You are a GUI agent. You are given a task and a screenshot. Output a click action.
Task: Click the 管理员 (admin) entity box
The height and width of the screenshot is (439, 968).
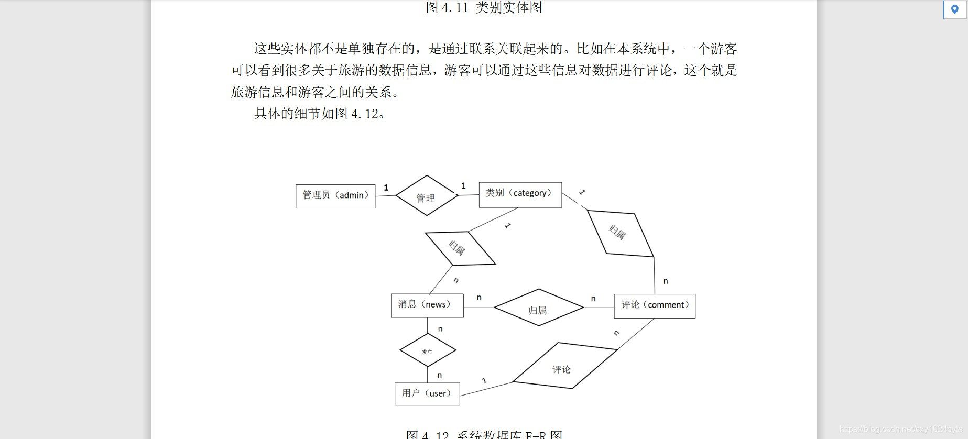[335, 196]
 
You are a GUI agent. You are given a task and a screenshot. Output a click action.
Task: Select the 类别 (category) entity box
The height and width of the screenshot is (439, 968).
[520, 194]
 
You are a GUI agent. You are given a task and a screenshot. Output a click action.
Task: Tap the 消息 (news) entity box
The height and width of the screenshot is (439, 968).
[427, 305]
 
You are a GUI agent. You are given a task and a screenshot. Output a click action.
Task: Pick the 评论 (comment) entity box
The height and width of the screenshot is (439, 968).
[655, 306]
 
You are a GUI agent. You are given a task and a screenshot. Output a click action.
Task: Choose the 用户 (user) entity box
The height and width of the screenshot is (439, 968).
[427, 394]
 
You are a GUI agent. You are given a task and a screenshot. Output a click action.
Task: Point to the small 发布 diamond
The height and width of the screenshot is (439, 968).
[428, 350]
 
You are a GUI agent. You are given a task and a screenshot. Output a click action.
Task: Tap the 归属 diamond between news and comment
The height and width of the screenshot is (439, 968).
[538, 308]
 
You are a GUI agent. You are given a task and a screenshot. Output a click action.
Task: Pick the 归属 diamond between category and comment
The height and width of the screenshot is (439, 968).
[620, 234]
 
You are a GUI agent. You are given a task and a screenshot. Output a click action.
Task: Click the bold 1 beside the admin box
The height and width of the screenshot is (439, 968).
[386, 188]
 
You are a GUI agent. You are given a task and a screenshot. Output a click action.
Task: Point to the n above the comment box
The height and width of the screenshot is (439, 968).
[666, 281]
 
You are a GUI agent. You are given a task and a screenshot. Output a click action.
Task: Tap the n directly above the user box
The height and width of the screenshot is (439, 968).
[440, 375]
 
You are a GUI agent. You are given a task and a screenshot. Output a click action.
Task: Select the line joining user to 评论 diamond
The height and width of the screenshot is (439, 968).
[486, 389]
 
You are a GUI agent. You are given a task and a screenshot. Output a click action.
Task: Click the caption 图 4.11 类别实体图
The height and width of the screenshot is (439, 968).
[484, 7]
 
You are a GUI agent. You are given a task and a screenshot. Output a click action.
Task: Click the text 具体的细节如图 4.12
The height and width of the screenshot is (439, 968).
[320, 114]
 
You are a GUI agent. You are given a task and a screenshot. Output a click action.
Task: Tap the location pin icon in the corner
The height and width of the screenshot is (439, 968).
[954, 9]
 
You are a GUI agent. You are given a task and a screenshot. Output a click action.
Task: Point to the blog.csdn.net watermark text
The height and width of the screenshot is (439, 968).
[901, 430]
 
